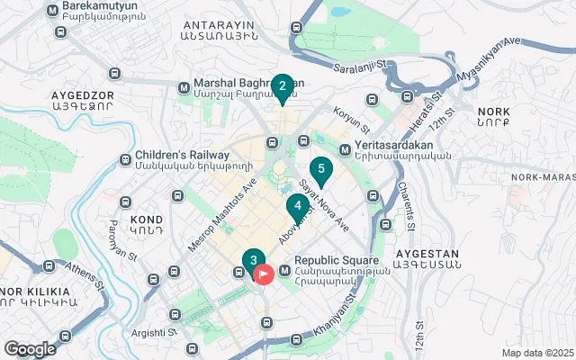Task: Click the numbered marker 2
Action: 283,87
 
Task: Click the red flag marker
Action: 264,273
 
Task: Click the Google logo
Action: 30,348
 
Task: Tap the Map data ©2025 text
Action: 536,353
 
